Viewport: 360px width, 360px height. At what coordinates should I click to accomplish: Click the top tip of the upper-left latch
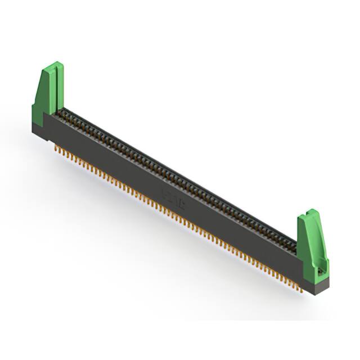click(x=56, y=64)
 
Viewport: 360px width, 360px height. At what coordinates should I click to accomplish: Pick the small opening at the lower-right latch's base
click(x=321, y=271)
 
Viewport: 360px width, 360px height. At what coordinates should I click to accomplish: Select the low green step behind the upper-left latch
click(x=36, y=110)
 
